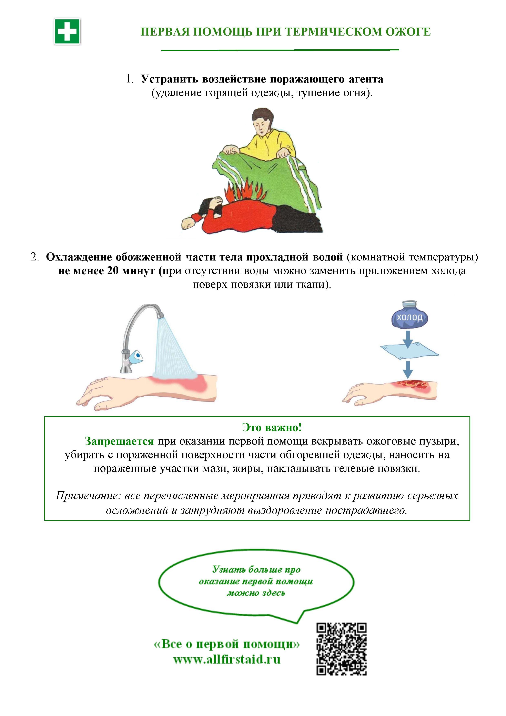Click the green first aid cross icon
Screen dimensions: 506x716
[x=67, y=31]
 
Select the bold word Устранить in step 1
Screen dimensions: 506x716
[x=170, y=79]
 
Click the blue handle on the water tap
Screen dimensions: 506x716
[x=136, y=356]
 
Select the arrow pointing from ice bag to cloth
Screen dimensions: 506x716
[x=408, y=339]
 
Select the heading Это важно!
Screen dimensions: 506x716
[x=272, y=427]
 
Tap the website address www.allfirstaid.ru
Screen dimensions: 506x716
[x=227, y=659]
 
